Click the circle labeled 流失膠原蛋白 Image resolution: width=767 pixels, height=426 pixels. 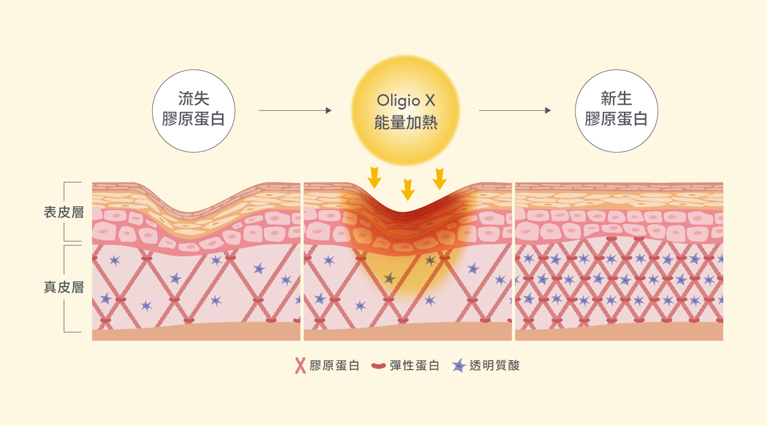click(x=193, y=111)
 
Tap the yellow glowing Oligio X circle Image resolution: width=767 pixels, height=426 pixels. click(x=406, y=110)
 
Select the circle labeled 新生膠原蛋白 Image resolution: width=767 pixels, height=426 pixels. click(x=616, y=111)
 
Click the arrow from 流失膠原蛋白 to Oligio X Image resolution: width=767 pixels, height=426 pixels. click(x=295, y=111)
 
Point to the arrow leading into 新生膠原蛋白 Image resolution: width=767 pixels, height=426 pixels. click(x=515, y=111)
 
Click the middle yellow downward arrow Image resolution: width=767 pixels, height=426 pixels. click(x=408, y=189)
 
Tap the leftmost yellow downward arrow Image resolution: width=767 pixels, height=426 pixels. click(x=374, y=178)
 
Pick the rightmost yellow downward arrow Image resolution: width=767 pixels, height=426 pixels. click(x=439, y=179)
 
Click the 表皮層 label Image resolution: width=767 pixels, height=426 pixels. click(x=64, y=212)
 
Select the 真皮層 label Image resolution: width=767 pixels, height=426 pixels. click(x=64, y=287)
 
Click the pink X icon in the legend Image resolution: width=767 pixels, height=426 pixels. click(x=300, y=365)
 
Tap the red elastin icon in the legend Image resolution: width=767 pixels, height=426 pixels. click(x=378, y=366)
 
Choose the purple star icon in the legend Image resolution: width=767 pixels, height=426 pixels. click(x=459, y=365)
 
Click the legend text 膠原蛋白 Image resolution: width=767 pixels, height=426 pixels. click(x=335, y=365)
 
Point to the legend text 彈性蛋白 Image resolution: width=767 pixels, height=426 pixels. click(x=414, y=365)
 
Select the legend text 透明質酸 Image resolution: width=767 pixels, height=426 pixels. click(x=494, y=365)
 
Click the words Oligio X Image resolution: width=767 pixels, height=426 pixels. click(x=406, y=101)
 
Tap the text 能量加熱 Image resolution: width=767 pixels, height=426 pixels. click(x=406, y=122)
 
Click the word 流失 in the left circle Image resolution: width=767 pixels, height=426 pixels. click(x=193, y=98)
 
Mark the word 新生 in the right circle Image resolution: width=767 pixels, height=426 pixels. click(x=616, y=98)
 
